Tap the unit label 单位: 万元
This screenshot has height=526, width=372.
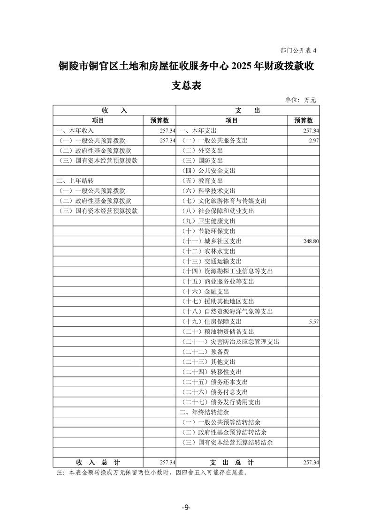click(301, 100)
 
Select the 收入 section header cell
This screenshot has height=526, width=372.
click(114, 110)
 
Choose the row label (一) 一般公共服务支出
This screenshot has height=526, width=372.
click(214, 141)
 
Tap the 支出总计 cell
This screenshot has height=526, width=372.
click(232, 463)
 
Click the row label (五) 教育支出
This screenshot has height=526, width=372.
click(202, 181)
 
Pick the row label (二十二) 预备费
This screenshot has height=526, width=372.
click(205, 352)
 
